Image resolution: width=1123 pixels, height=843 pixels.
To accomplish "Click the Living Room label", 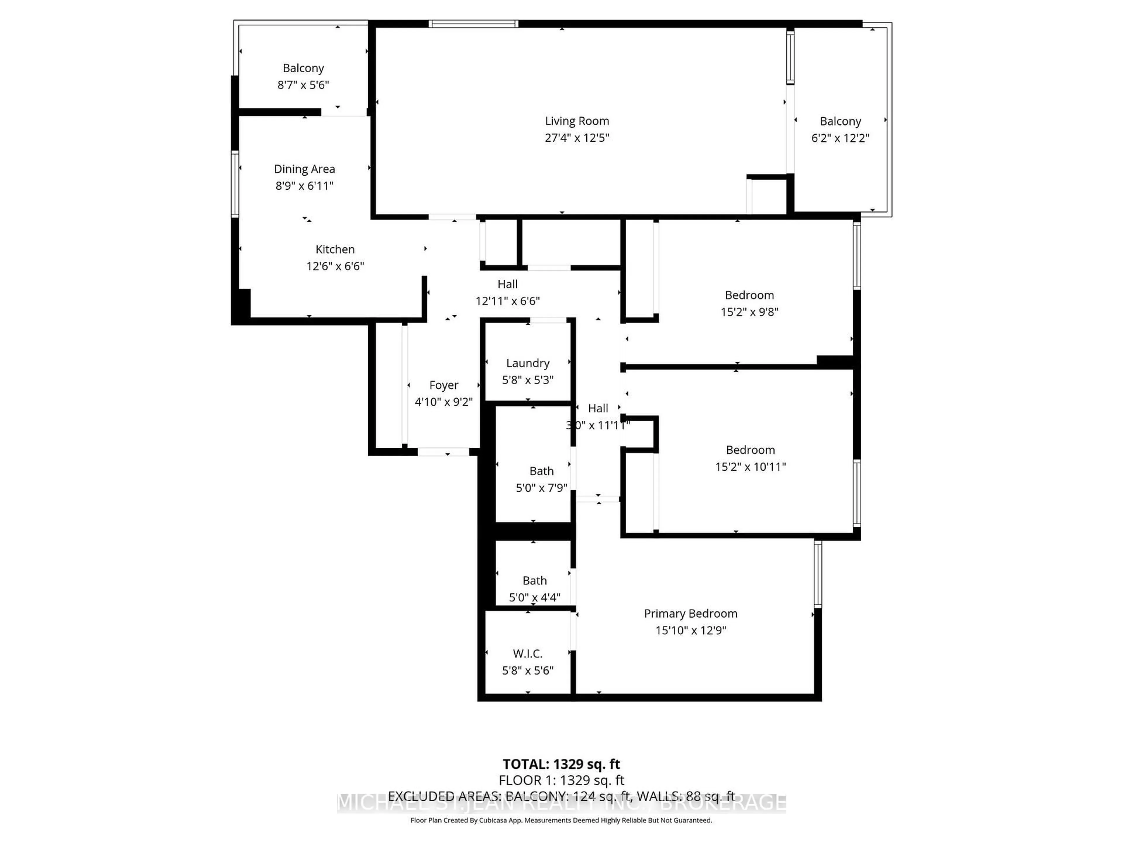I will coord(577,121).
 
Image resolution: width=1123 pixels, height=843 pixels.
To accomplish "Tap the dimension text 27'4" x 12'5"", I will coord(577,138).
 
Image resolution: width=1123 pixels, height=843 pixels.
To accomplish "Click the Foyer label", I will coord(443,385).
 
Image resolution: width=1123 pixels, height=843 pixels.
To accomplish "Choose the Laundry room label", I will coord(528,363).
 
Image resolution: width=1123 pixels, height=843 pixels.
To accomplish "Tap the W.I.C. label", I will coord(528,653).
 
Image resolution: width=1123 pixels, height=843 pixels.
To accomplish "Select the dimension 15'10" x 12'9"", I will coord(690,630).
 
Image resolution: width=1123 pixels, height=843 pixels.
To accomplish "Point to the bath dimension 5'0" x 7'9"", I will coord(541,488).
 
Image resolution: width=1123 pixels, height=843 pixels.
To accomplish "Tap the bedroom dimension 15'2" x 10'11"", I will coord(750,467).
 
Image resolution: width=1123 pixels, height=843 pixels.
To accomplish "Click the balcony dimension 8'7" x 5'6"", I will coord(303,85).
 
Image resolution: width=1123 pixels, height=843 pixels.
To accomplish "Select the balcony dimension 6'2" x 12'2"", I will coord(840,138).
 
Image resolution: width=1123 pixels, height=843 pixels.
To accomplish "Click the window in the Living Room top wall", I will coord(473,23).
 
